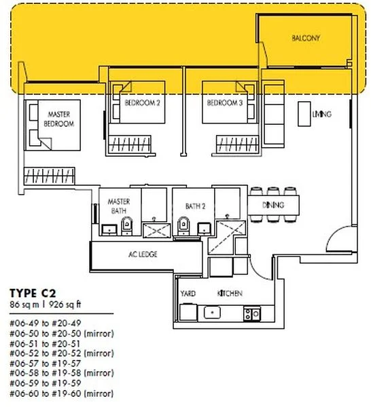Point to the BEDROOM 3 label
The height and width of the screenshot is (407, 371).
225,103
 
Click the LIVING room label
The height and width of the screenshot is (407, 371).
321,114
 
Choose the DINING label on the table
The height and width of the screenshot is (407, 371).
272,205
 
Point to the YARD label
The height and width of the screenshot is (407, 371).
188,294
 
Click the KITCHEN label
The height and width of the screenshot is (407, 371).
230,294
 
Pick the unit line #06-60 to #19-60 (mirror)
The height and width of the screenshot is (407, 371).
61,393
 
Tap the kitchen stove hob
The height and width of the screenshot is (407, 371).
251,313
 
